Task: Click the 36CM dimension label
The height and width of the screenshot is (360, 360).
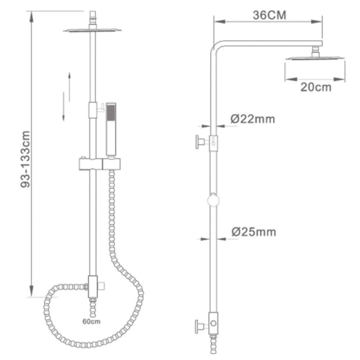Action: pyautogui.click(x=270, y=15)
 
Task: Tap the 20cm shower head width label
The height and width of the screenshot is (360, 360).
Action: pyautogui.click(x=316, y=87)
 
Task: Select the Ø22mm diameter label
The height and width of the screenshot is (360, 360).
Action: pyautogui.click(x=253, y=119)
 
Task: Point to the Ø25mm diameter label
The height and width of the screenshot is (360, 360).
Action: pyautogui.click(x=254, y=231)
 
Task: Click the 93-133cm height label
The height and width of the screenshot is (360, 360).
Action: pyautogui.click(x=25, y=159)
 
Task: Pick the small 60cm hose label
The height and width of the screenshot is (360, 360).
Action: pyautogui.click(x=91, y=321)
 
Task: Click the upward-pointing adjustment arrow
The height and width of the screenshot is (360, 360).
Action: pyautogui.click(x=69, y=87)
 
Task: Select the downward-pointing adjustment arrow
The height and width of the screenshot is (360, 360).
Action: pyautogui.click(x=64, y=107)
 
